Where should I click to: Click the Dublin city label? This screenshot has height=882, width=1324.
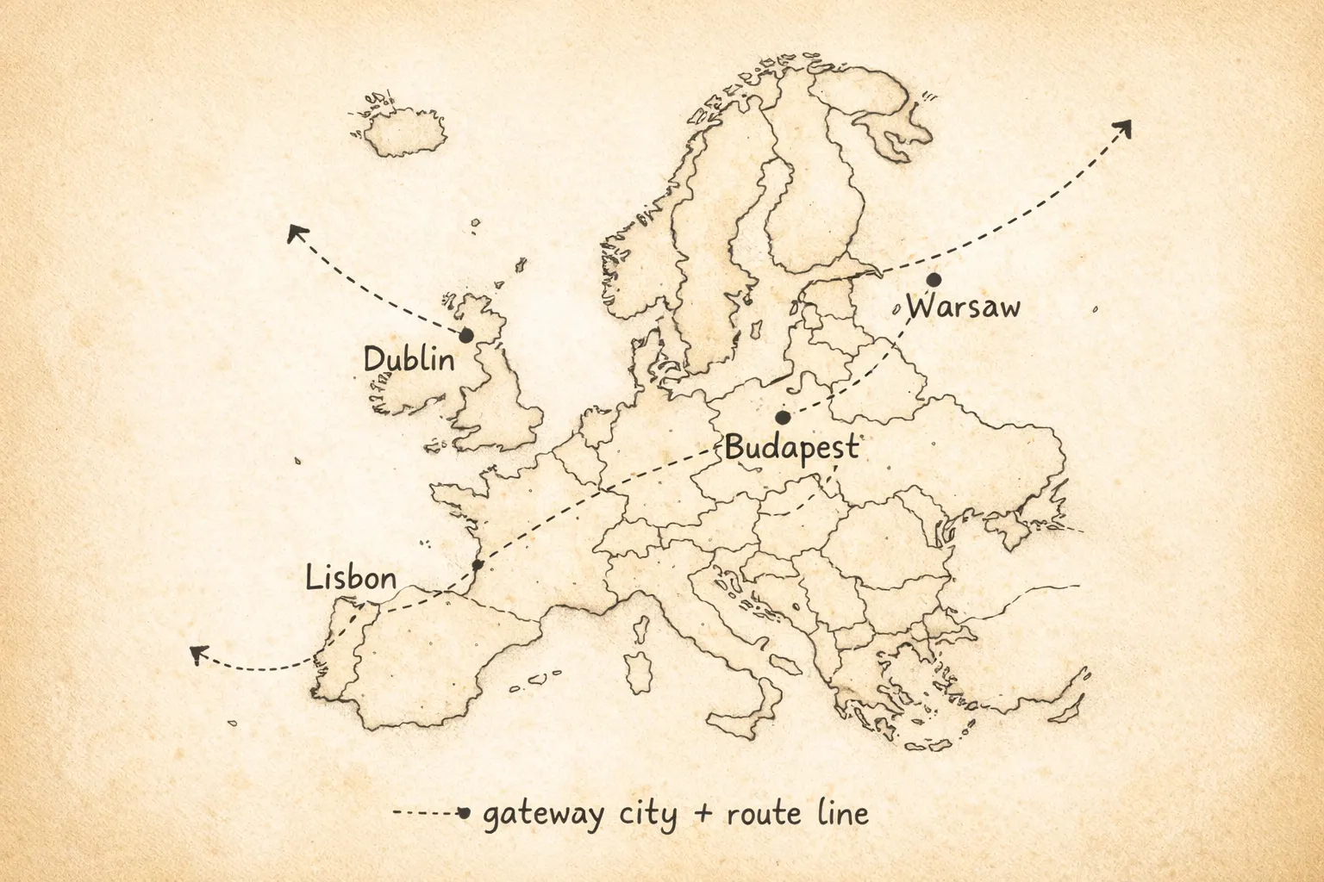pyautogui.click(x=409, y=359)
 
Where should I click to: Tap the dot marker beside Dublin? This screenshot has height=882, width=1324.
pyautogui.click(x=466, y=335)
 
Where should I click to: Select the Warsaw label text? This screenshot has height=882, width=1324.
pyautogui.click(x=963, y=307)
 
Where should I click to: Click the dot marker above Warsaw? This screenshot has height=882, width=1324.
pyautogui.click(x=934, y=280)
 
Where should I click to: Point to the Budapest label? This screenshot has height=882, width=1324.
pyautogui.click(x=791, y=447)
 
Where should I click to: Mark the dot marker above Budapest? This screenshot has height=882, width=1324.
pyautogui.click(x=783, y=417)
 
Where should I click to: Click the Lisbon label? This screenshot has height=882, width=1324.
pyautogui.click(x=351, y=578)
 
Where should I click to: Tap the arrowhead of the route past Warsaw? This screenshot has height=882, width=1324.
pyautogui.click(x=1123, y=127)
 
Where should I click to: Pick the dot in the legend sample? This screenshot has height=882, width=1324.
pyautogui.click(x=464, y=812)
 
